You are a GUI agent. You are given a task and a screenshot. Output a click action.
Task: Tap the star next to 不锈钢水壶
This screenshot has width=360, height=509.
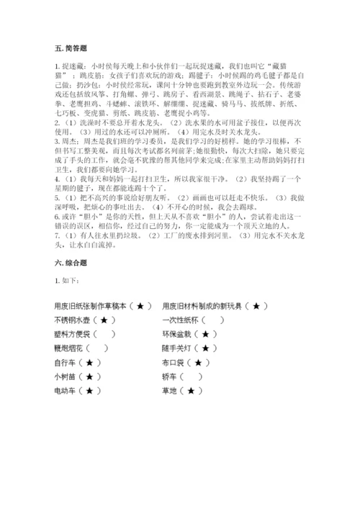(104, 320)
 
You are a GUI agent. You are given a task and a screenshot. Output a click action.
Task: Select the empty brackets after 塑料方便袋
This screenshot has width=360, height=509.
(104, 335)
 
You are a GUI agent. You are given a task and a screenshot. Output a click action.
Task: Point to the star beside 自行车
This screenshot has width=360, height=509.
(89, 363)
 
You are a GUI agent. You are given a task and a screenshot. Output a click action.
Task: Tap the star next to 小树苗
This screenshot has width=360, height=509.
(89, 377)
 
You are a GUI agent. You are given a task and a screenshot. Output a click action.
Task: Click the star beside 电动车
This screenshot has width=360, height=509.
(89, 391)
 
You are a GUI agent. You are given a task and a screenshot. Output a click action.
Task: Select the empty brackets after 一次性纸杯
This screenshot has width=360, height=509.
(213, 320)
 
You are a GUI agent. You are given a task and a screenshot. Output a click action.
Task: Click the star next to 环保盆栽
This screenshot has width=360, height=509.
(206, 335)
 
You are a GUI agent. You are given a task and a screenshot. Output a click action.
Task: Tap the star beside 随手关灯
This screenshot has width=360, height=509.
(206, 348)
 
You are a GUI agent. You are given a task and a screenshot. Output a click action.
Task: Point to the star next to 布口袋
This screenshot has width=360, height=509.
(198, 363)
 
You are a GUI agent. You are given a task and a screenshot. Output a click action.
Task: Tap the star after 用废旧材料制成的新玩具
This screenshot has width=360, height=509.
(256, 306)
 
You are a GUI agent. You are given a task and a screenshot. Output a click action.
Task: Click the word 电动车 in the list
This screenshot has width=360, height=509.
(66, 391)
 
